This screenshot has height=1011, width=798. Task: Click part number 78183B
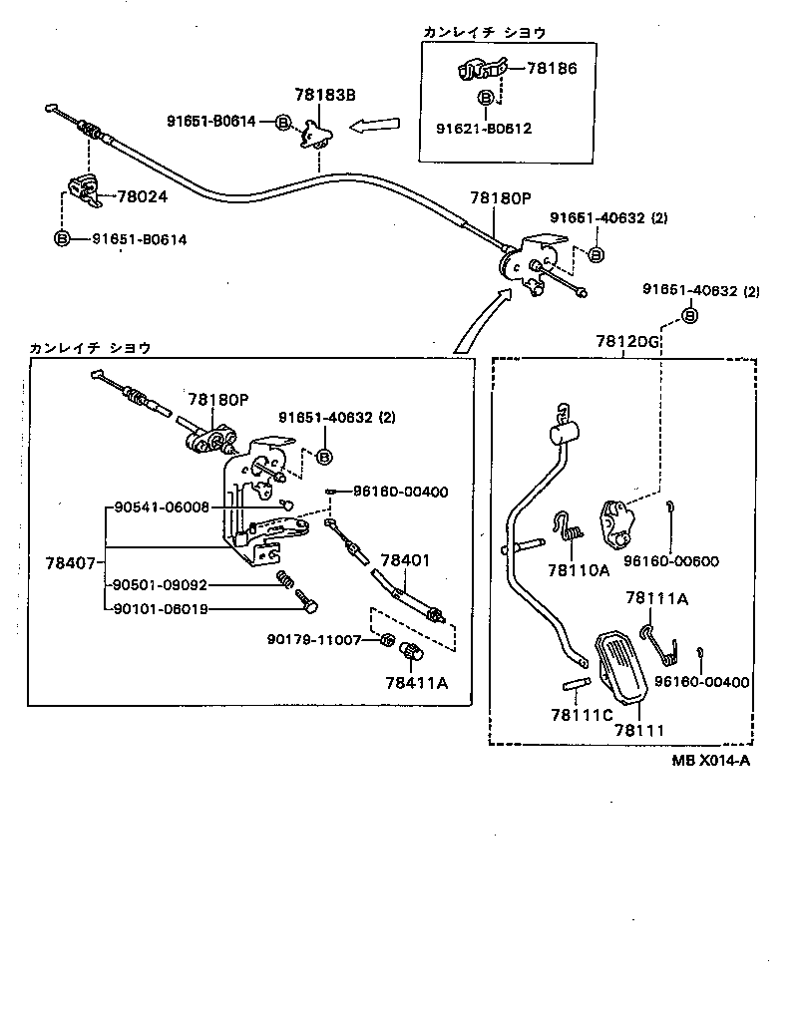click(324, 95)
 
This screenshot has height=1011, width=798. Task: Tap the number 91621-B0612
click(484, 128)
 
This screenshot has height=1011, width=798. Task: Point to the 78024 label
click(142, 197)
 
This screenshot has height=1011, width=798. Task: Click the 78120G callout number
click(627, 341)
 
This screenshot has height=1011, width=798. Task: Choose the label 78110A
click(577, 571)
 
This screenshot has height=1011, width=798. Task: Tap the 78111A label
click(655, 598)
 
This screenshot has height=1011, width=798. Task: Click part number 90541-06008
click(160, 507)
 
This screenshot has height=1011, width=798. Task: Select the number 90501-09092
click(160, 585)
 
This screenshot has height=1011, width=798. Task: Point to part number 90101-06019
click(160, 609)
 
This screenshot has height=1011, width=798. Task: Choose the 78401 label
click(405, 560)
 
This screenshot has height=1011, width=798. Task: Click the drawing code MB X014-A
click(709, 761)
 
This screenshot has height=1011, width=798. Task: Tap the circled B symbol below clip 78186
click(484, 98)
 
